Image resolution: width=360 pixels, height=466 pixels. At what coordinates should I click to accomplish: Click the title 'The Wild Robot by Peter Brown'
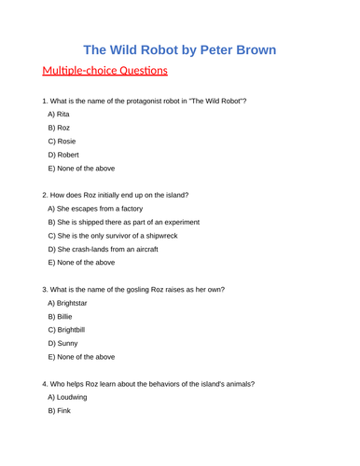(x=179, y=49)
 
